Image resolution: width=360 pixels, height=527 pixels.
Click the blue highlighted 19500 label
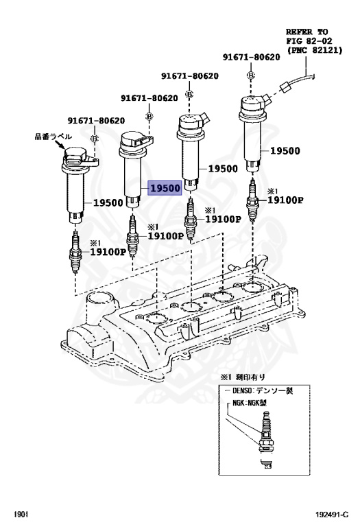pyautogui.click(x=165, y=188)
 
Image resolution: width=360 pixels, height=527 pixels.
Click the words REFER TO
pyautogui.click(x=307, y=32)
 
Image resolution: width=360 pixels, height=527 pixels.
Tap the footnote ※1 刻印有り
pyautogui.click(x=241, y=377)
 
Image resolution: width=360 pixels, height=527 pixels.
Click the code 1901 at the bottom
pyautogui.click(x=21, y=513)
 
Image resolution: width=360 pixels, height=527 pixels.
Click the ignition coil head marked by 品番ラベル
pyautogui.click(x=78, y=159)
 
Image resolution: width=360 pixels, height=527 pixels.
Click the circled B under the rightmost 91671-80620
pyautogui.click(x=252, y=73)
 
